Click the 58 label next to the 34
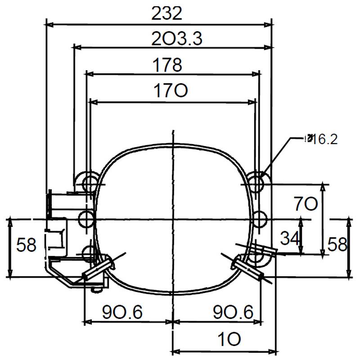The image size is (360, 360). tap(338, 245)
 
